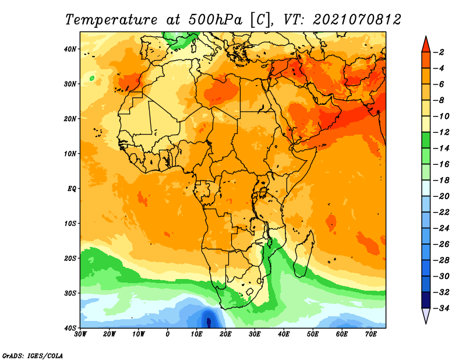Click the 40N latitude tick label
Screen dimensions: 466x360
point(70,49)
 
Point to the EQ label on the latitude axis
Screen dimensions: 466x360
point(72,189)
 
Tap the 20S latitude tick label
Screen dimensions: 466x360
point(70,258)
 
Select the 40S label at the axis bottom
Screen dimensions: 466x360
point(70,328)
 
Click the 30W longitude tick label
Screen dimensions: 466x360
point(80,334)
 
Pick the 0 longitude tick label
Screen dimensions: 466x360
point(168,334)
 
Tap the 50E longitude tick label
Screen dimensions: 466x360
point(313,334)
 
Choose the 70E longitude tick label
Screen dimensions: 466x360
point(371,334)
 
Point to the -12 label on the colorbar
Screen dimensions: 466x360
point(442,132)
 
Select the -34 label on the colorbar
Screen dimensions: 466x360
point(442,308)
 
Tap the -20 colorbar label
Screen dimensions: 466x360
point(442,196)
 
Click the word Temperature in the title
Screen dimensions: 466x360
point(111,20)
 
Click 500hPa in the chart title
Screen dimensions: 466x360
point(215,20)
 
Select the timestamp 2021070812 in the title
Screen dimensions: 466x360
point(357,20)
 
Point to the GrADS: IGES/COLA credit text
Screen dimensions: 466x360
point(33,356)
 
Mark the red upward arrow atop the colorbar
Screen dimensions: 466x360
point(426,44)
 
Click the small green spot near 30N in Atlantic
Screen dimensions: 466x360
point(92,79)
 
